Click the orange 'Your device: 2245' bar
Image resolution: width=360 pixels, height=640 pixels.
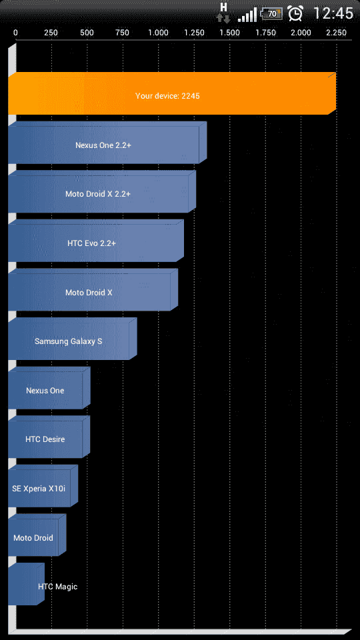pyautogui.click(x=172, y=93)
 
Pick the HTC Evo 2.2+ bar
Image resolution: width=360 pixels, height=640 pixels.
pyautogui.click(x=96, y=241)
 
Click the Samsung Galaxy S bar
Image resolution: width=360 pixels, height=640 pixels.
pyautogui.click(x=73, y=339)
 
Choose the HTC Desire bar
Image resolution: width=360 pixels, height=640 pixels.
pyautogui.click(x=49, y=437)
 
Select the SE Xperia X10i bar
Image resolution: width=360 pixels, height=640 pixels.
pyautogui.click(x=43, y=486)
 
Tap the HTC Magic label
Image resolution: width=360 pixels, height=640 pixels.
pyautogui.click(x=57, y=587)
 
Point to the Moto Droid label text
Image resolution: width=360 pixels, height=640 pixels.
pyautogui.click(x=33, y=537)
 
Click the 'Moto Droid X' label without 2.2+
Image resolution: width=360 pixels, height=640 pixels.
pyautogui.click(x=89, y=293)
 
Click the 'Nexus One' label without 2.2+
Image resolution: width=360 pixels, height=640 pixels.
pyautogui.click(x=45, y=391)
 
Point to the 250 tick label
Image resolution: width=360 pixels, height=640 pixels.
pyautogui.click(x=51, y=33)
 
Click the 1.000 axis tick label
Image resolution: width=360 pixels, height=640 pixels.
pyautogui.click(x=158, y=33)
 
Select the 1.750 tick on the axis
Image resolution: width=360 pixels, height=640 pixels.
pyautogui.click(x=266, y=33)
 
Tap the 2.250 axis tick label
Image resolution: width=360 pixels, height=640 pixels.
pyautogui.click(x=336, y=33)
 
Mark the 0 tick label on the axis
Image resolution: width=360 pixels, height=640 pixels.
pyautogui.click(x=15, y=33)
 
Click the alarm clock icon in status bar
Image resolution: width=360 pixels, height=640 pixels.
pyautogui.click(x=295, y=13)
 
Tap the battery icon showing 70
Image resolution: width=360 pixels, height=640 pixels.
pyautogui.click(x=271, y=13)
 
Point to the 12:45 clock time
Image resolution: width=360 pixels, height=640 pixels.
pyautogui.click(x=333, y=13)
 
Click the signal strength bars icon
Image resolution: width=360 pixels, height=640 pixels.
pyautogui.click(x=247, y=15)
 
